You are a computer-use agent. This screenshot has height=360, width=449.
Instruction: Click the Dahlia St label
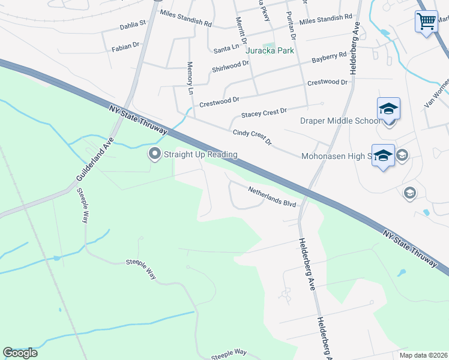(x=133, y=25)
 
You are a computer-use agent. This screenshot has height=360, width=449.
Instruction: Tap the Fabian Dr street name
(x=125, y=46)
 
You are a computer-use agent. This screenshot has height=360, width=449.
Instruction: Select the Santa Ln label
(x=226, y=47)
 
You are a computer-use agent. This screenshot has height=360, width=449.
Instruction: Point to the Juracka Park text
(x=270, y=50)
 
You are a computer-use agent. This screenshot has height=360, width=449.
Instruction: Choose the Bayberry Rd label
(x=329, y=58)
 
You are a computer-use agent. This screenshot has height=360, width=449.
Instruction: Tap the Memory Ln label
(x=191, y=78)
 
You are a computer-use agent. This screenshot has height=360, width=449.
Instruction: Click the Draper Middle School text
(x=340, y=121)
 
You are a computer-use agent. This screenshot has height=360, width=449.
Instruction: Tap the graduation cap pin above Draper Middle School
(x=388, y=110)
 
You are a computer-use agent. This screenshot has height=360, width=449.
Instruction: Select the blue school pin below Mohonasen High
(x=383, y=157)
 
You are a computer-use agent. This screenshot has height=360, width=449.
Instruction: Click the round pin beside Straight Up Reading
(x=155, y=155)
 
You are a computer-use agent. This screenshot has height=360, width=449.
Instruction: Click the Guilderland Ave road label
(x=94, y=159)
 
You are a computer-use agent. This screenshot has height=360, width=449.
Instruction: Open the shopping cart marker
(x=426, y=22)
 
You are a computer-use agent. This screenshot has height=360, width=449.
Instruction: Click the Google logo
(x=20, y=353)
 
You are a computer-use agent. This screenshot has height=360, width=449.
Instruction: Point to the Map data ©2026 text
(x=423, y=355)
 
